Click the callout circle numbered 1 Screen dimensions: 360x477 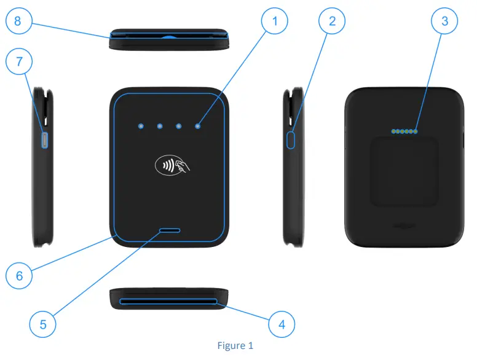pos(275,22)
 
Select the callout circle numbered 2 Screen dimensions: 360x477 pos(333,22)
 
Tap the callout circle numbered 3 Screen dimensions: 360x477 pos(444,22)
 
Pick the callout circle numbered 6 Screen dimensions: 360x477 pos(20,276)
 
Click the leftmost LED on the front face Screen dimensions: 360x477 pos(141,126)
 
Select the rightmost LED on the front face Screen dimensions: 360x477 pos(198,126)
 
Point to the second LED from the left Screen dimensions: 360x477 pos(159,126)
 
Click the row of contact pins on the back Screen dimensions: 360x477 pos(404,131)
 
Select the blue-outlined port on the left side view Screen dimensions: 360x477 pos(44,140)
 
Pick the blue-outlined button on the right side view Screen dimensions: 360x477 pos(291,139)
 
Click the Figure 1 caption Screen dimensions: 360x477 pos(235,346)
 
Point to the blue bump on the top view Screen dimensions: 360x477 pos(168,36)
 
